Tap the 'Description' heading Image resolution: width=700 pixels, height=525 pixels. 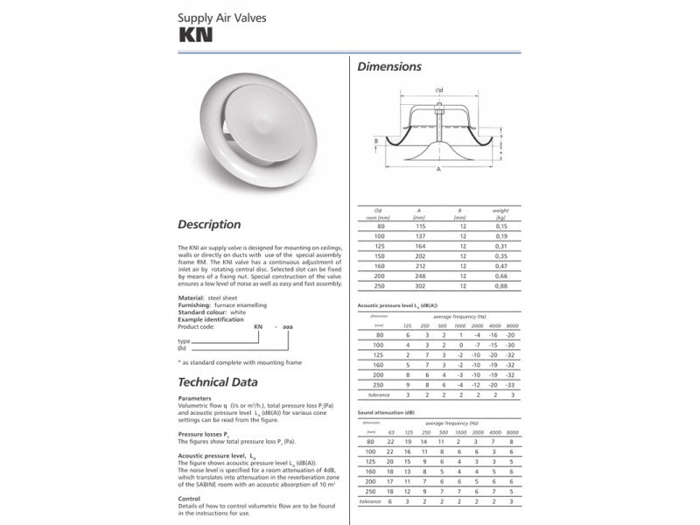[209, 225]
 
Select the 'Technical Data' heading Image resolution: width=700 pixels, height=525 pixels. [218, 382]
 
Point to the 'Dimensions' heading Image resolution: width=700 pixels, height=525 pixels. [390, 66]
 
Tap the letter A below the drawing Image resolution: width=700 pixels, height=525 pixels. [437, 171]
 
